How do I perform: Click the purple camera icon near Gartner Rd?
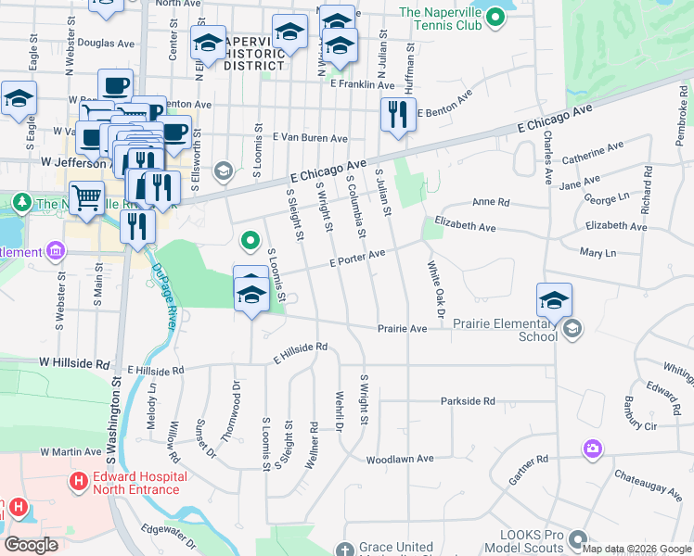click(x=592, y=449)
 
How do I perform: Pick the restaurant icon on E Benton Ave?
click(x=398, y=115)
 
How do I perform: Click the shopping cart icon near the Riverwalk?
click(x=86, y=196)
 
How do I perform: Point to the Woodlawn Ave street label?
click(x=400, y=459)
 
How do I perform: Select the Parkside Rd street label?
click(x=468, y=401)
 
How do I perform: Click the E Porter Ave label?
click(x=357, y=259)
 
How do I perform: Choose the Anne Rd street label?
click(x=491, y=202)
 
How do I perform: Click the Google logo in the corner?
click(x=32, y=545)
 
